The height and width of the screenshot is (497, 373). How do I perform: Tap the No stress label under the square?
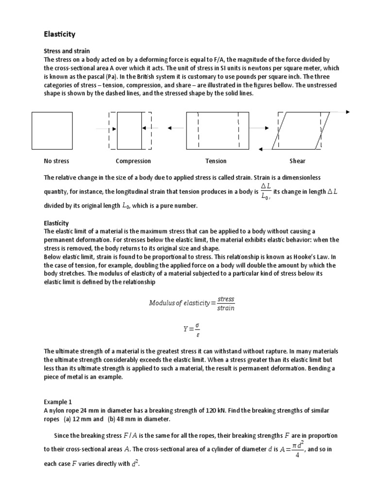point(56,161)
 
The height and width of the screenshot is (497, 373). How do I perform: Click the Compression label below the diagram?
point(133,161)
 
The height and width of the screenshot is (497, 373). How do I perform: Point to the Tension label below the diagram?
point(216,161)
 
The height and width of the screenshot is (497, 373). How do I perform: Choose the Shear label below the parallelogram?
point(297,161)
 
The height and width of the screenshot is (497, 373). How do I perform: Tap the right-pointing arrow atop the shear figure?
point(340,112)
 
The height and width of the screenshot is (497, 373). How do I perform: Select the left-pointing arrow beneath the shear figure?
point(270,149)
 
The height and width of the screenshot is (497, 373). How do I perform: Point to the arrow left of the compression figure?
point(105,129)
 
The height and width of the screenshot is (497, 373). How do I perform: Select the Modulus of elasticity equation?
point(191,303)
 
